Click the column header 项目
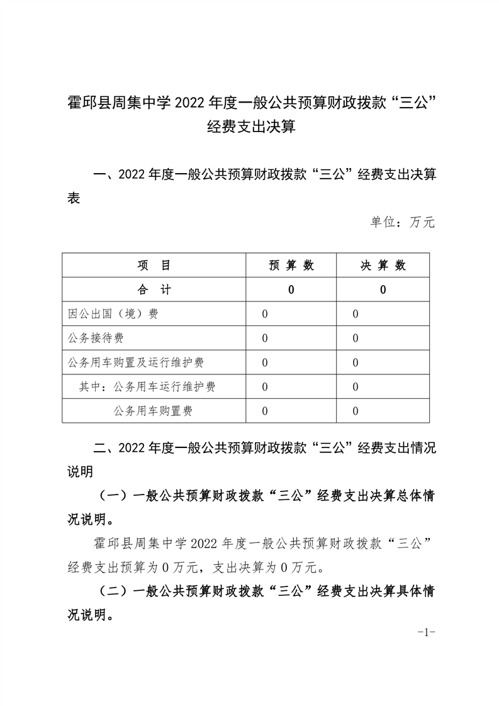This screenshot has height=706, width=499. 154,266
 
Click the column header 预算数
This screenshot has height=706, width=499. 291,266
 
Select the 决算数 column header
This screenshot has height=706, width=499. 383,266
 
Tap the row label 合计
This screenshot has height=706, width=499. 154,290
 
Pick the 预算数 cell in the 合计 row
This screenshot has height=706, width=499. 291,290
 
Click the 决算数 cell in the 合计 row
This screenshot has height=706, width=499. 383,290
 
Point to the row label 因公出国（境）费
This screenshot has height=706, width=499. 113,314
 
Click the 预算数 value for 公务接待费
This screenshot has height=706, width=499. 265,339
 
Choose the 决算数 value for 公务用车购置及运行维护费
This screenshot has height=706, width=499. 356,363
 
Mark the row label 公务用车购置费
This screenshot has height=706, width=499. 153,412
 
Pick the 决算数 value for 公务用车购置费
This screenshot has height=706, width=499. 356,412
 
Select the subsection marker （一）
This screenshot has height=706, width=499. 113,496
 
